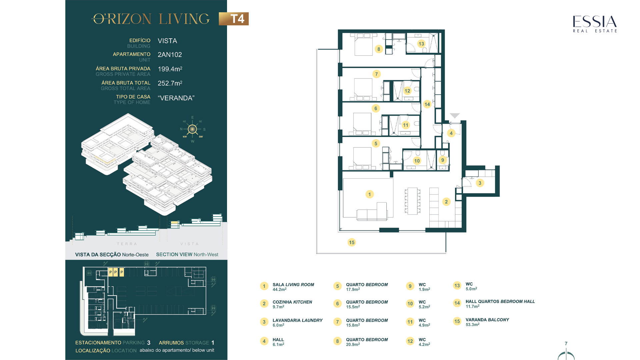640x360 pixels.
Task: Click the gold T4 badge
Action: (x=234, y=19)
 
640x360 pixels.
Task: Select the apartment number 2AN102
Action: (x=170, y=55)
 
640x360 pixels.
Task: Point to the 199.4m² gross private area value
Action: (x=170, y=69)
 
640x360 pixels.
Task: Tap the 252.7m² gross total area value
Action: (x=170, y=83)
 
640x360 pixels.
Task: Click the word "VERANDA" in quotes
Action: (x=176, y=98)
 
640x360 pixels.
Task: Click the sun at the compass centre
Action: (x=192, y=129)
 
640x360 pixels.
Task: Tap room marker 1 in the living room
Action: (x=369, y=194)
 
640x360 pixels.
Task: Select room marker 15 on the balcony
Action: (x=352, y=242)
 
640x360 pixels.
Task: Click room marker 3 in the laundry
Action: (x=480, y=183)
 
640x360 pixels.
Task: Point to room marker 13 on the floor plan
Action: (x=421, y=44)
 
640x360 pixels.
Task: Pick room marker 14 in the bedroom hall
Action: (x=427, y=104)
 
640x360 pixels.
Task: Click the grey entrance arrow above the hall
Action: (x=455, y=115)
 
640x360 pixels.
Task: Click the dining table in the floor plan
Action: (x=412, y=201)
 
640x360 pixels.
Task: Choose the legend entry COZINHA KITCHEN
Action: (x=292, y=302)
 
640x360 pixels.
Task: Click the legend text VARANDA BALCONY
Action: (x=487, y=320)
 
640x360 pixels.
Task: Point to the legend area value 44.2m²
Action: (x=280, y=289)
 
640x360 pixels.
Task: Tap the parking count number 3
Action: (x=149, y=343)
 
